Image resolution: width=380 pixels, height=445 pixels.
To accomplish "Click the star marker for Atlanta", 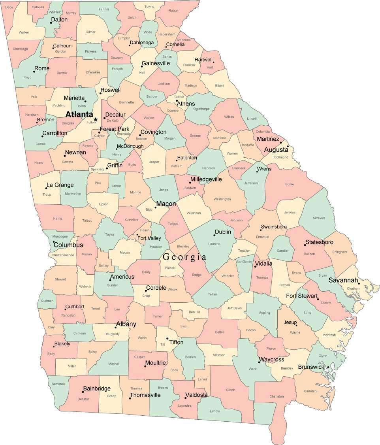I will [x=95, y=119].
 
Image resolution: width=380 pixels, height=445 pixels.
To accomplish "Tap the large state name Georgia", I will [x=184, y=257].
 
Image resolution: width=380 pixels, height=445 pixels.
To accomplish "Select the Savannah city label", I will [x=343, y=281].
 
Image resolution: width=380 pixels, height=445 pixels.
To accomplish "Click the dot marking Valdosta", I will [x=185, y=398].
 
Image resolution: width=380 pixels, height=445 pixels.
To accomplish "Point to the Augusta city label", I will [x=276, y=150].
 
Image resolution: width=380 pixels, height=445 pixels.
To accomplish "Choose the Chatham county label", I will [x=354, y=288].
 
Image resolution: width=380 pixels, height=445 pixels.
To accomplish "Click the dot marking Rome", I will [x=34, y=71].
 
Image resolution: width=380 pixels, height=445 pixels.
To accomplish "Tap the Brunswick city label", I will [x=311, y=367].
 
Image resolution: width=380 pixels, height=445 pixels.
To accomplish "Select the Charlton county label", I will [x=277, y=396].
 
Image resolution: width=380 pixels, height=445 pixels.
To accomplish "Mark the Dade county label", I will [x=9, y=7].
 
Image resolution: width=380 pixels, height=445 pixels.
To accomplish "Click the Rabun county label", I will [x=173, y=11].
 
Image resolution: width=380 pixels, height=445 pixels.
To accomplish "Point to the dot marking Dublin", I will [x=216, y=235].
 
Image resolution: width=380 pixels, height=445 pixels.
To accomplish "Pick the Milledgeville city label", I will [x=206, y=179].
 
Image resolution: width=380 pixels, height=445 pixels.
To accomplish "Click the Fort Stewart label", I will [x=302, y=296].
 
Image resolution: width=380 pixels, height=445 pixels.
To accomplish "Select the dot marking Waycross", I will [x=259, y=362].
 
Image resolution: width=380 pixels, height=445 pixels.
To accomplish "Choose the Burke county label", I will [x=290, y=184].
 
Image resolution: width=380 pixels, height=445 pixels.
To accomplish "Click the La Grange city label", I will [x=60, y=185].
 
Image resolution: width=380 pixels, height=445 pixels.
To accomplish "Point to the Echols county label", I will [x=215, y=411].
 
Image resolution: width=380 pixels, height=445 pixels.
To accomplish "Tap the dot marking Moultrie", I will [x=145, y=366].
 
